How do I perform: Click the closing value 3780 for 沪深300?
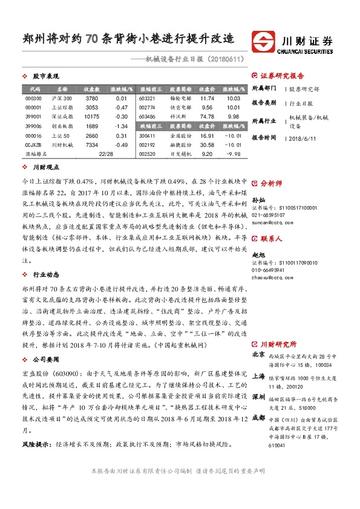91,99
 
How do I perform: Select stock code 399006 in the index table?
33,126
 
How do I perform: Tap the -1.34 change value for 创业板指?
121,126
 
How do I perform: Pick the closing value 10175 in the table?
91,117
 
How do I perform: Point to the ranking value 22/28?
106,154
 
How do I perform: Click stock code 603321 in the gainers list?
148,99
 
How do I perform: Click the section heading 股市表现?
45,77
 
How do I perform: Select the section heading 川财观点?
45,167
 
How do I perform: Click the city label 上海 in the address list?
258,375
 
